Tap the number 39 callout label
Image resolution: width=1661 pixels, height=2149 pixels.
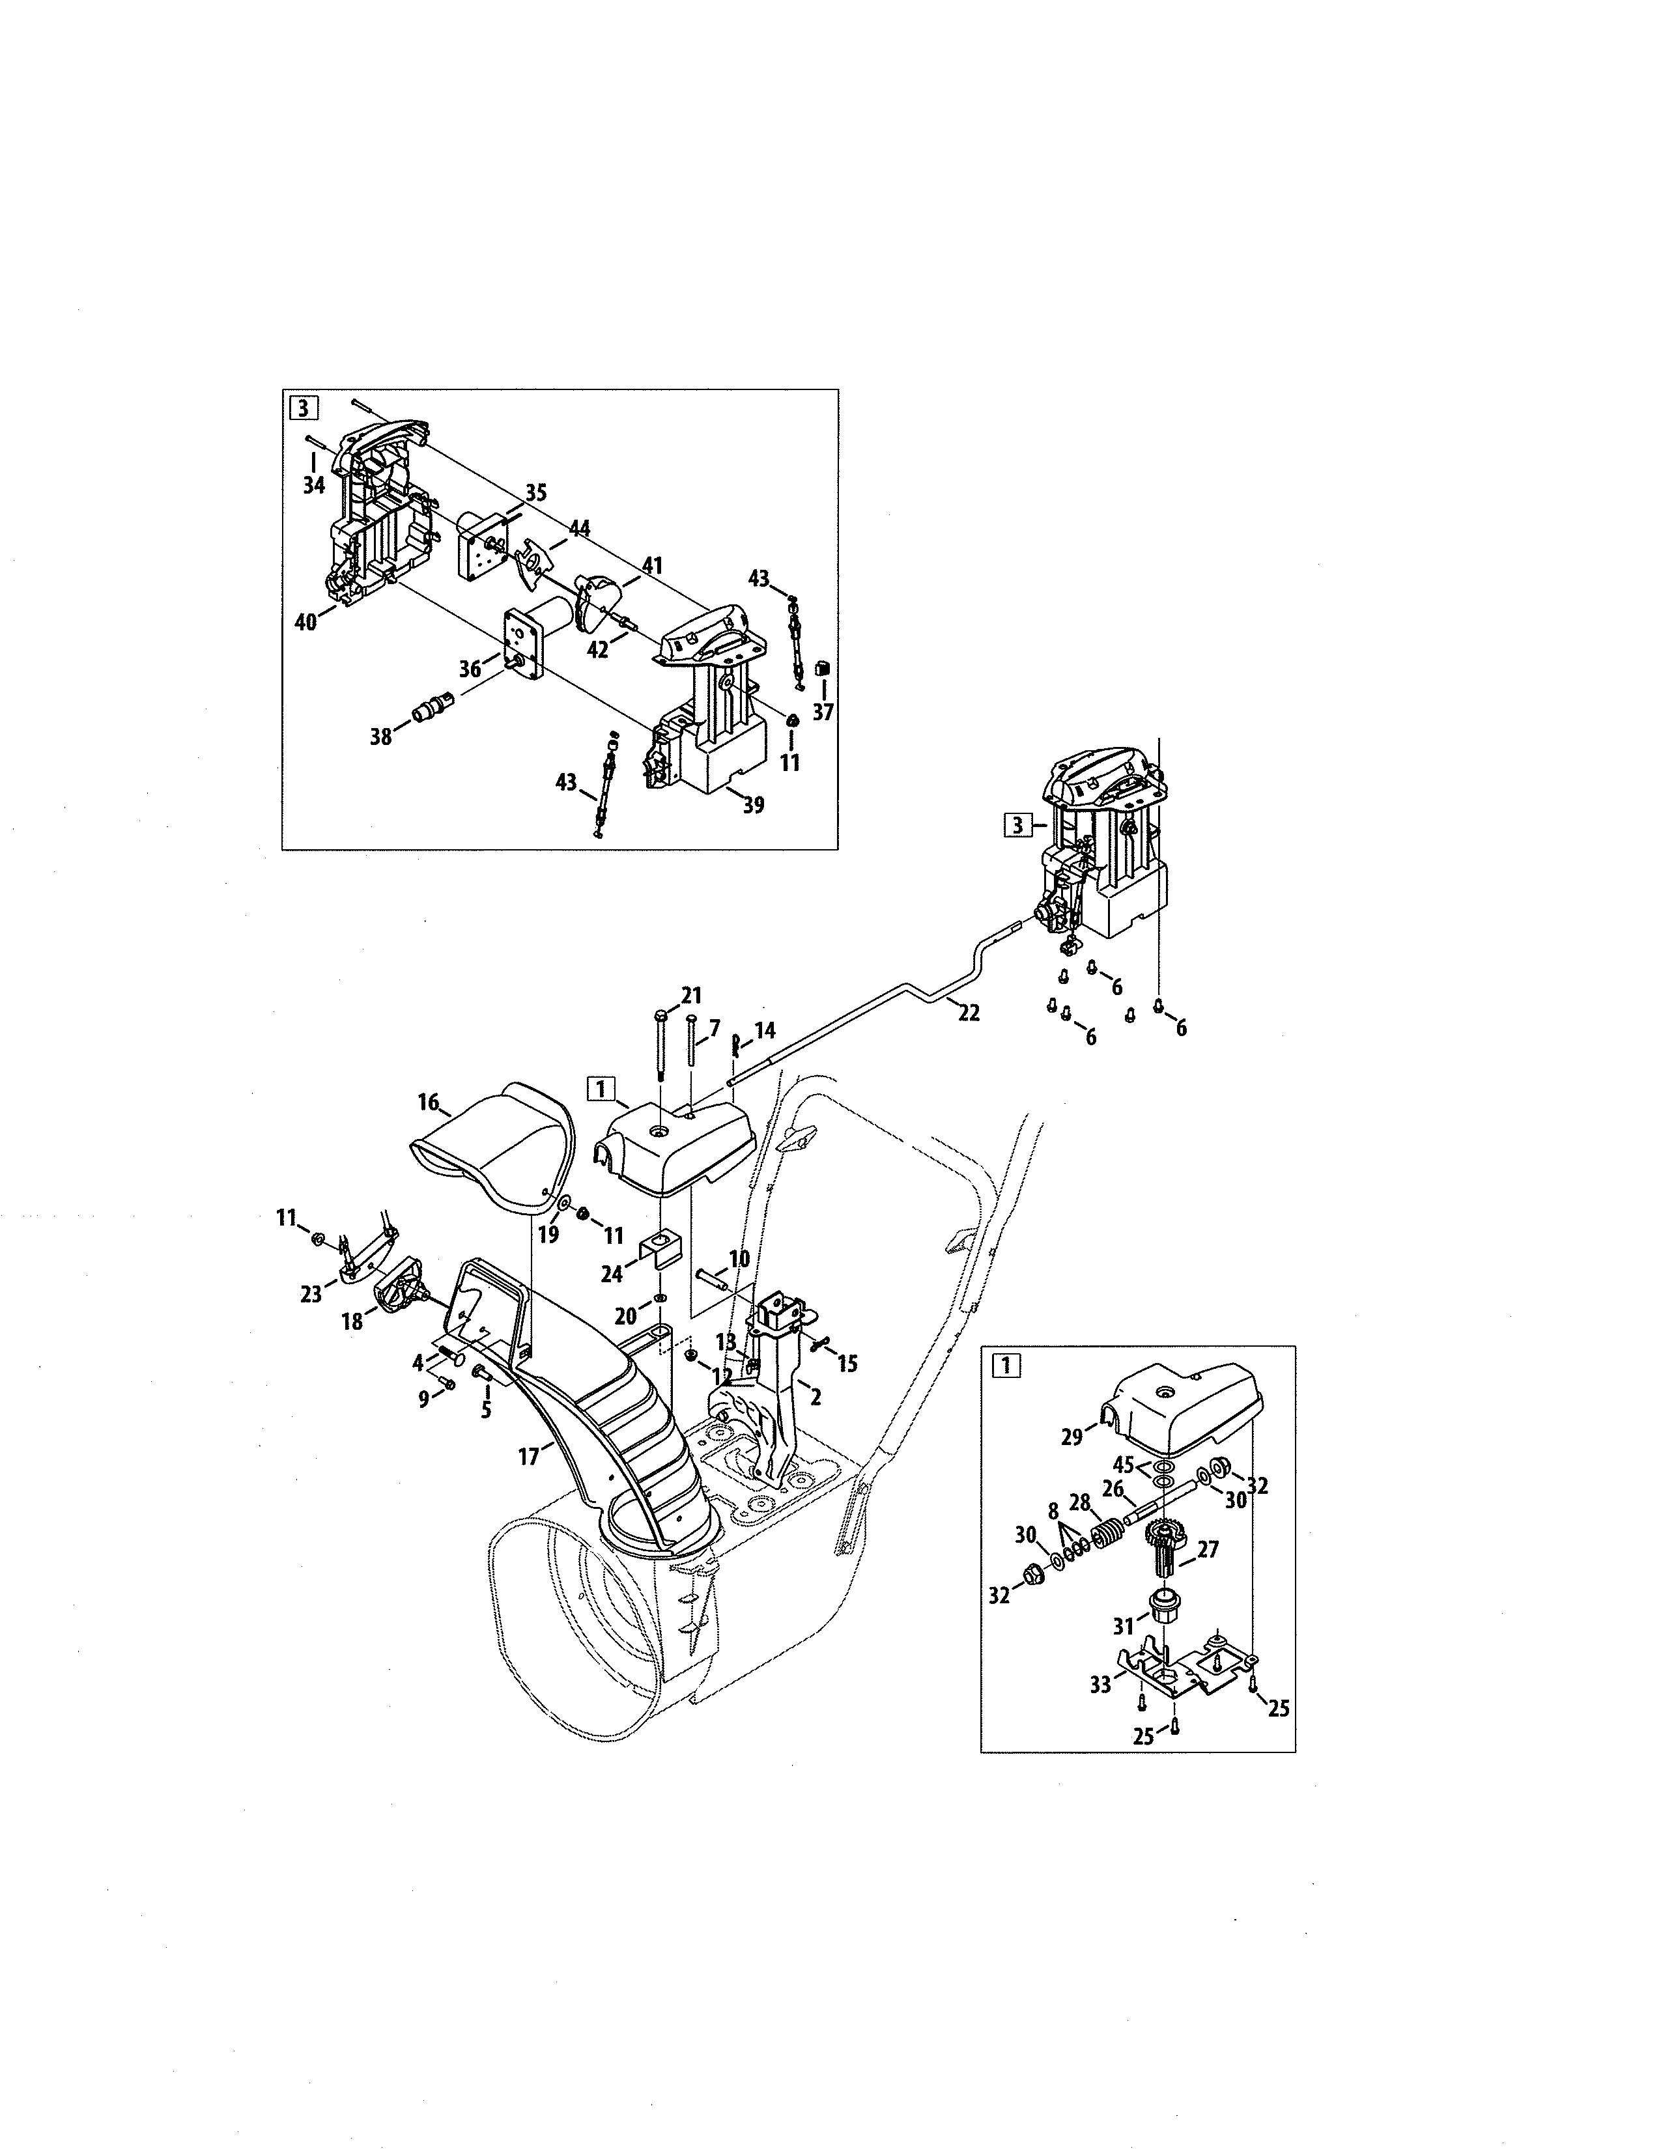(x=753, y=805)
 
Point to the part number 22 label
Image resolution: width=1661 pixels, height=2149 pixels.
(x=968, y=1013)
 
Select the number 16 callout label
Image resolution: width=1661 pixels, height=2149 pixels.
(x=428, y=1102)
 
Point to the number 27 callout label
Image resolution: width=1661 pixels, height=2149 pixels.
(x=1208, y=1550)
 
